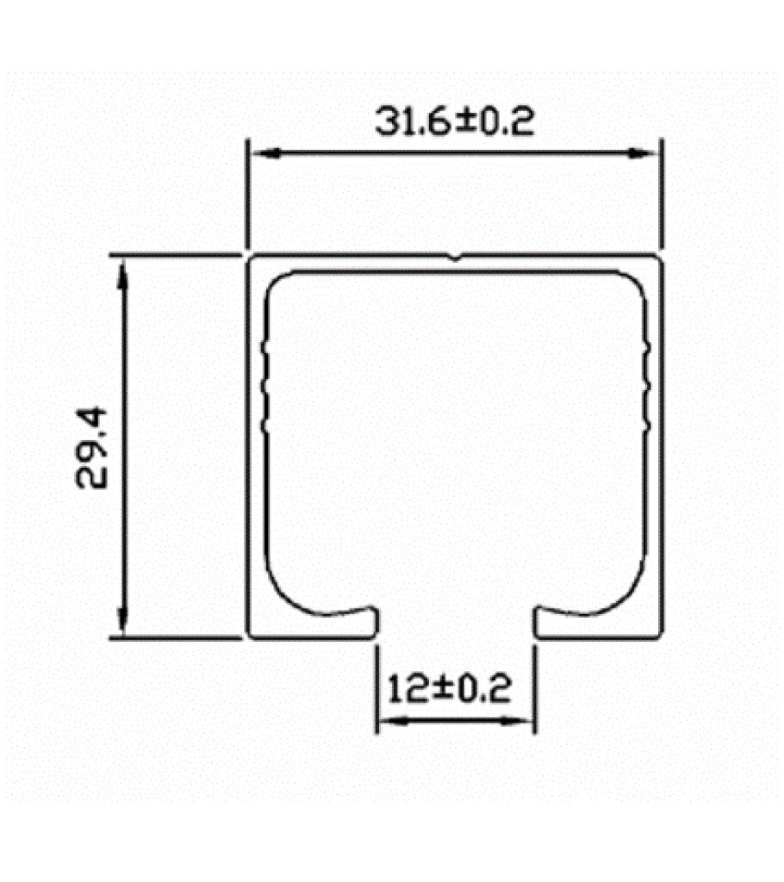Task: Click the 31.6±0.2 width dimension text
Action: [454, 121]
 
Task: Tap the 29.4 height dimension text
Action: [93, 448]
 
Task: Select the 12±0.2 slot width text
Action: [449, 689]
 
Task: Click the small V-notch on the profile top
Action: [455, 257]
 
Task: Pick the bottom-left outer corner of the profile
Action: [250, 637]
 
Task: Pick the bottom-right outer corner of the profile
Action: [663, 637]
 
